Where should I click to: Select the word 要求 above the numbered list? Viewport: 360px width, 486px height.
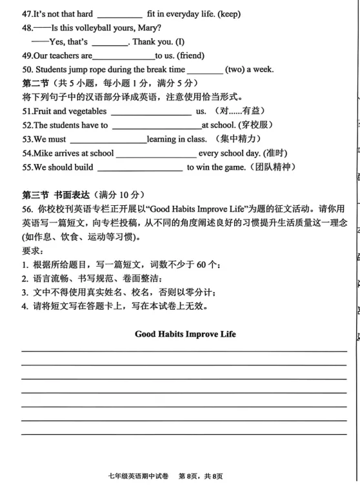[x=33, y=251]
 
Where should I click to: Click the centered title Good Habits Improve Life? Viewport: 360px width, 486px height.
[x=185, y=334]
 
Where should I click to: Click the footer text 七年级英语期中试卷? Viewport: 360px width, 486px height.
[x=138, y=476]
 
